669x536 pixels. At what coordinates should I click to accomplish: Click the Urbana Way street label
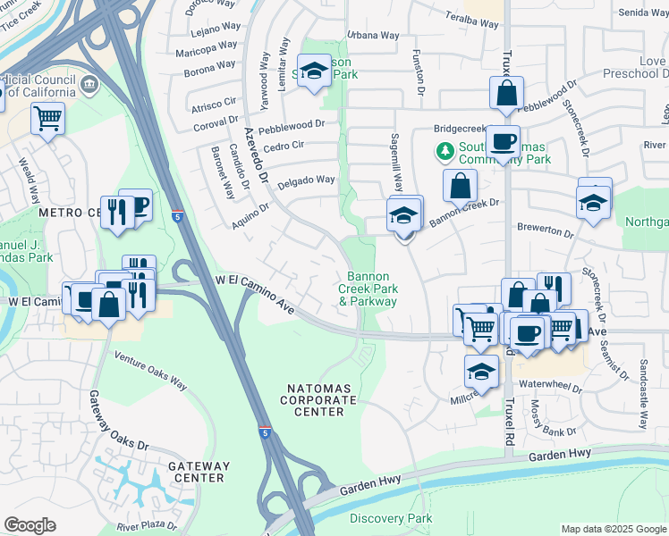coord(373,35)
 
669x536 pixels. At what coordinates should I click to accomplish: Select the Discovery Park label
coord(390,518)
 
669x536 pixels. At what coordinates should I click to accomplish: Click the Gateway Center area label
coord(199,472)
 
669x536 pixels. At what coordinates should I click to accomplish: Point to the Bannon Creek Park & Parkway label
coord(368,289)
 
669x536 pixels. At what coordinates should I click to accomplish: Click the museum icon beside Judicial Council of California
coord(89,86)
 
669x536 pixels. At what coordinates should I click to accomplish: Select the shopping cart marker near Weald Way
coord(47,117)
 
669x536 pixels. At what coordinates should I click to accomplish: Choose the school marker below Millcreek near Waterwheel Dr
coord(481,371)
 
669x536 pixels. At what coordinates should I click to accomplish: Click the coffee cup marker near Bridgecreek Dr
coord(504,140)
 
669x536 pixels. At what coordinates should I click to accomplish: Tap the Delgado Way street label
coord(305,180)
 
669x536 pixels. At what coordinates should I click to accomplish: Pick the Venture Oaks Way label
coord(150,370)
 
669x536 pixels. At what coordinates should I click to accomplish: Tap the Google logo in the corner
coord(30,525)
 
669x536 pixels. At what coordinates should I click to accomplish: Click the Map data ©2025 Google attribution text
coord(613,529)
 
